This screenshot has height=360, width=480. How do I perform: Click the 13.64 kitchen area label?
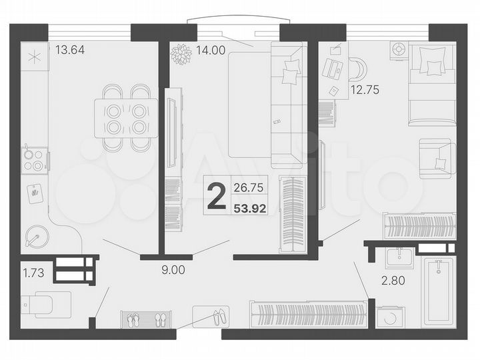70,49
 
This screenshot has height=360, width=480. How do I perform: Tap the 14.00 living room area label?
212,49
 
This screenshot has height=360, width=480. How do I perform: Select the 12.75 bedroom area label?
364,91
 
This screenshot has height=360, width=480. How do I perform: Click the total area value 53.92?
250,208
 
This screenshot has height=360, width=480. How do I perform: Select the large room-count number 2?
215,197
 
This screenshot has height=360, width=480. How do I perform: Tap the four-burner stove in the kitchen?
34,159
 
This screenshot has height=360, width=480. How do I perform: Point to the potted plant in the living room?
181,54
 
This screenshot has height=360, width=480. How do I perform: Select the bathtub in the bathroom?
439,291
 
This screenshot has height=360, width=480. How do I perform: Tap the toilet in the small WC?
44,304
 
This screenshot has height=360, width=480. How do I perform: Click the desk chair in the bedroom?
356,69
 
